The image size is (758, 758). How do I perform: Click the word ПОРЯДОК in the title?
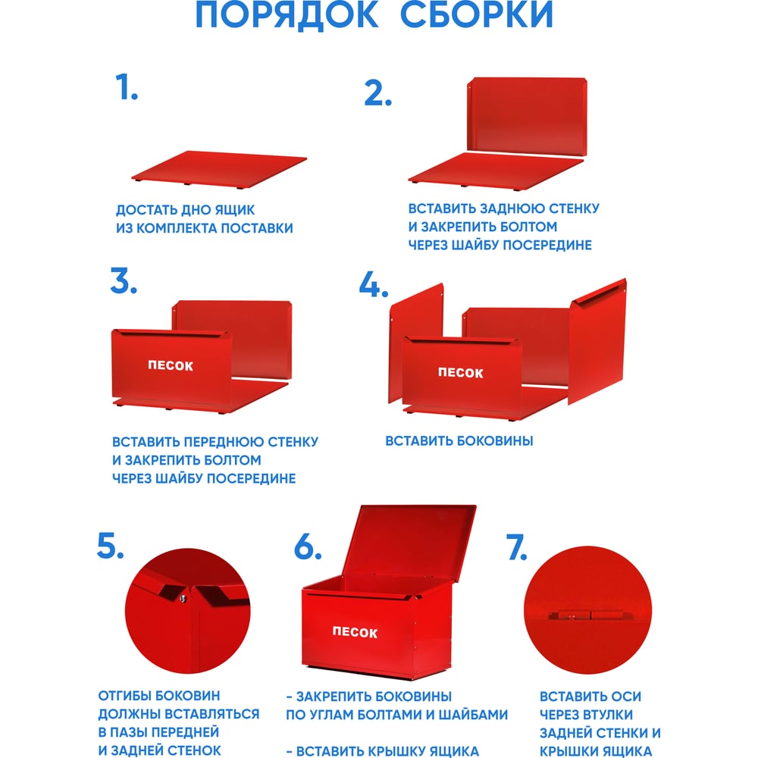[x=287, y=14]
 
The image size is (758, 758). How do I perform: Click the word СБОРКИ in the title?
[x=477, y=14]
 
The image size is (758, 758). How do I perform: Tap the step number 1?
[x=126, y=87]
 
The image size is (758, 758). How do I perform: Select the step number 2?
[x=377, y=93]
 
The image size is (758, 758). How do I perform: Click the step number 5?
[x=110, y=546]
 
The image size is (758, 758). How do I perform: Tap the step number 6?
[x=308, y=547]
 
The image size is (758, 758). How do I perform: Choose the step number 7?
[x=516, y=547]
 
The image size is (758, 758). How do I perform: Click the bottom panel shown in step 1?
[x=218, y=169]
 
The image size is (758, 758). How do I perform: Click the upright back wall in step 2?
[x=527, y=117]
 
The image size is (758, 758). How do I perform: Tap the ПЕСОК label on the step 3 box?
[x=171, y=365]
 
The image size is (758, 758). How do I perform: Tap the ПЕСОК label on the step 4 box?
[x=461, y=372]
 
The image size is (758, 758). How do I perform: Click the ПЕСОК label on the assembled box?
[x=355, y=632]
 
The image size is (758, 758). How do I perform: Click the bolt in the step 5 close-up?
[x=183, y=600]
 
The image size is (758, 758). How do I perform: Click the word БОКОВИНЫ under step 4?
[x=495, y=441]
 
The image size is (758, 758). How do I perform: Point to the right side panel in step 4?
[x=597, y=341]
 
